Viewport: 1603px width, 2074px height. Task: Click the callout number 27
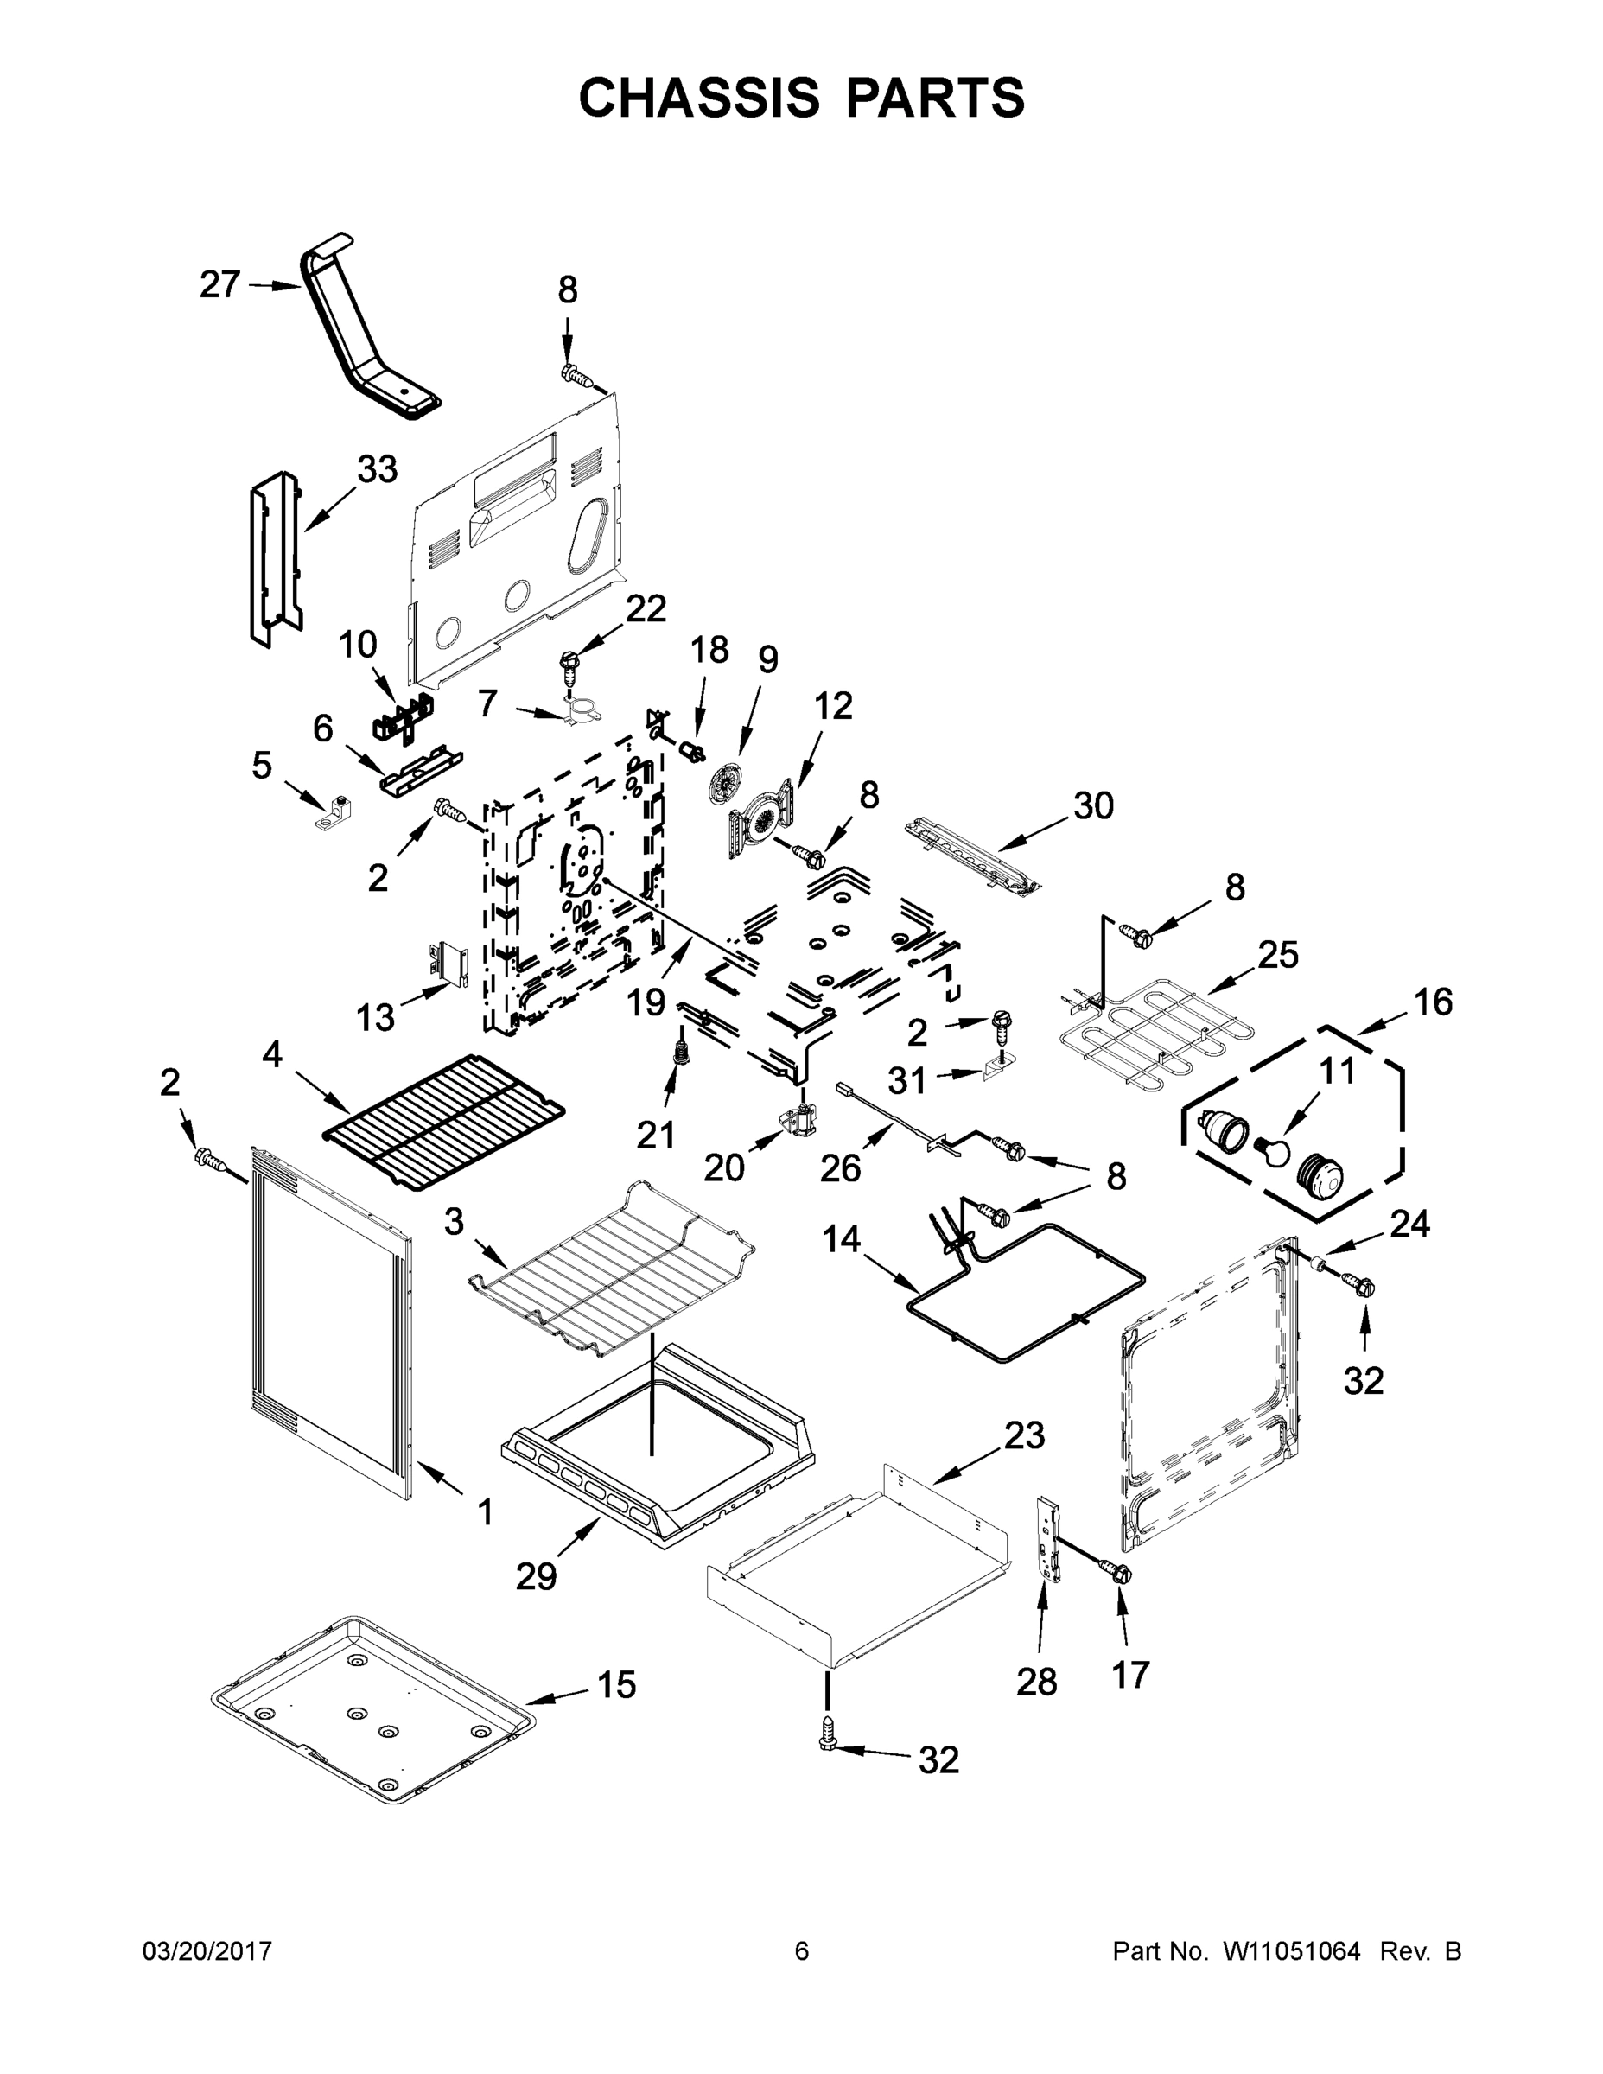click(219, 284)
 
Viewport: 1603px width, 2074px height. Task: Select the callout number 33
click(377, 468)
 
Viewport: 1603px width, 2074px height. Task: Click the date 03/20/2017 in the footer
click(207, 1950)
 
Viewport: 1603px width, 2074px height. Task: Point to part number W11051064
click(1292, 1950)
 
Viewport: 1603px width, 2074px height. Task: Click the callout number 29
click(536, 1576)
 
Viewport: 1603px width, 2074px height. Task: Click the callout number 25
click(1278, 954)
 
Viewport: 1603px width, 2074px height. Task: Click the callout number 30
click(1093, 805)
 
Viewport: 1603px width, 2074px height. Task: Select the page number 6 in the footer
click(802, 1950)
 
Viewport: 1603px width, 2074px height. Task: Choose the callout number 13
click(375, 1017)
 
